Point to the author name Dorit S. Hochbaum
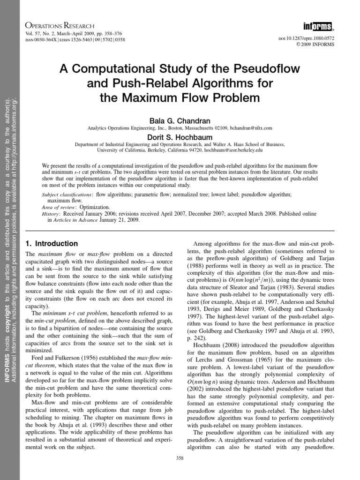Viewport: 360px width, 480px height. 180,137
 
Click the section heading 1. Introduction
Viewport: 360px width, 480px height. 51,244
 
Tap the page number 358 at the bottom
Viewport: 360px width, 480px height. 180,458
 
